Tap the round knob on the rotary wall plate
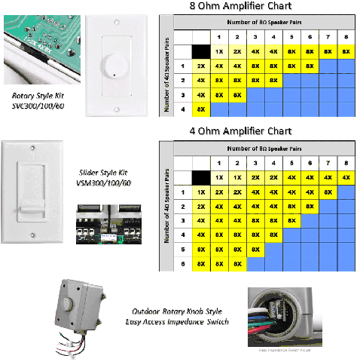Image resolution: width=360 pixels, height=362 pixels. coord(114,66)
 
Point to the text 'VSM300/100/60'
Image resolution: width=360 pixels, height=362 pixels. coord(105,183)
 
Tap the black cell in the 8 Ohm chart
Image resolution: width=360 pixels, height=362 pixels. coord(200,52)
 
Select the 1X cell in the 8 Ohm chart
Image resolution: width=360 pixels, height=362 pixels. coord(219,52)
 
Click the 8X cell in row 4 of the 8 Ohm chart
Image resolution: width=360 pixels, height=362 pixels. coord(200,109)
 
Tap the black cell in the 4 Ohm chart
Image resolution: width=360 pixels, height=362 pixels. coord(200,178)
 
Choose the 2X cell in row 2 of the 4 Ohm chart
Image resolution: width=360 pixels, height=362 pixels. coord(200,206)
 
